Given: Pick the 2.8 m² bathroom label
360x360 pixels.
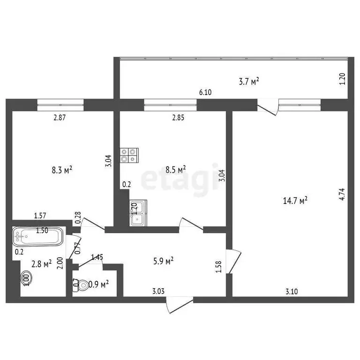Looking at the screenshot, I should [41, 264].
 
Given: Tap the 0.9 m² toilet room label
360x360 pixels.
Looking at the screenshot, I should [99, 284].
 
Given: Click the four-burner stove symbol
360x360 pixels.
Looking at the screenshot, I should [130, 155].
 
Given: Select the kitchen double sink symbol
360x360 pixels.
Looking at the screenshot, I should [138, 212].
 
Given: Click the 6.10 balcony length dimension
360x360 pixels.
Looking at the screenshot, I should [205, 93].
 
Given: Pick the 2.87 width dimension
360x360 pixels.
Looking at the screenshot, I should [60, 118].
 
